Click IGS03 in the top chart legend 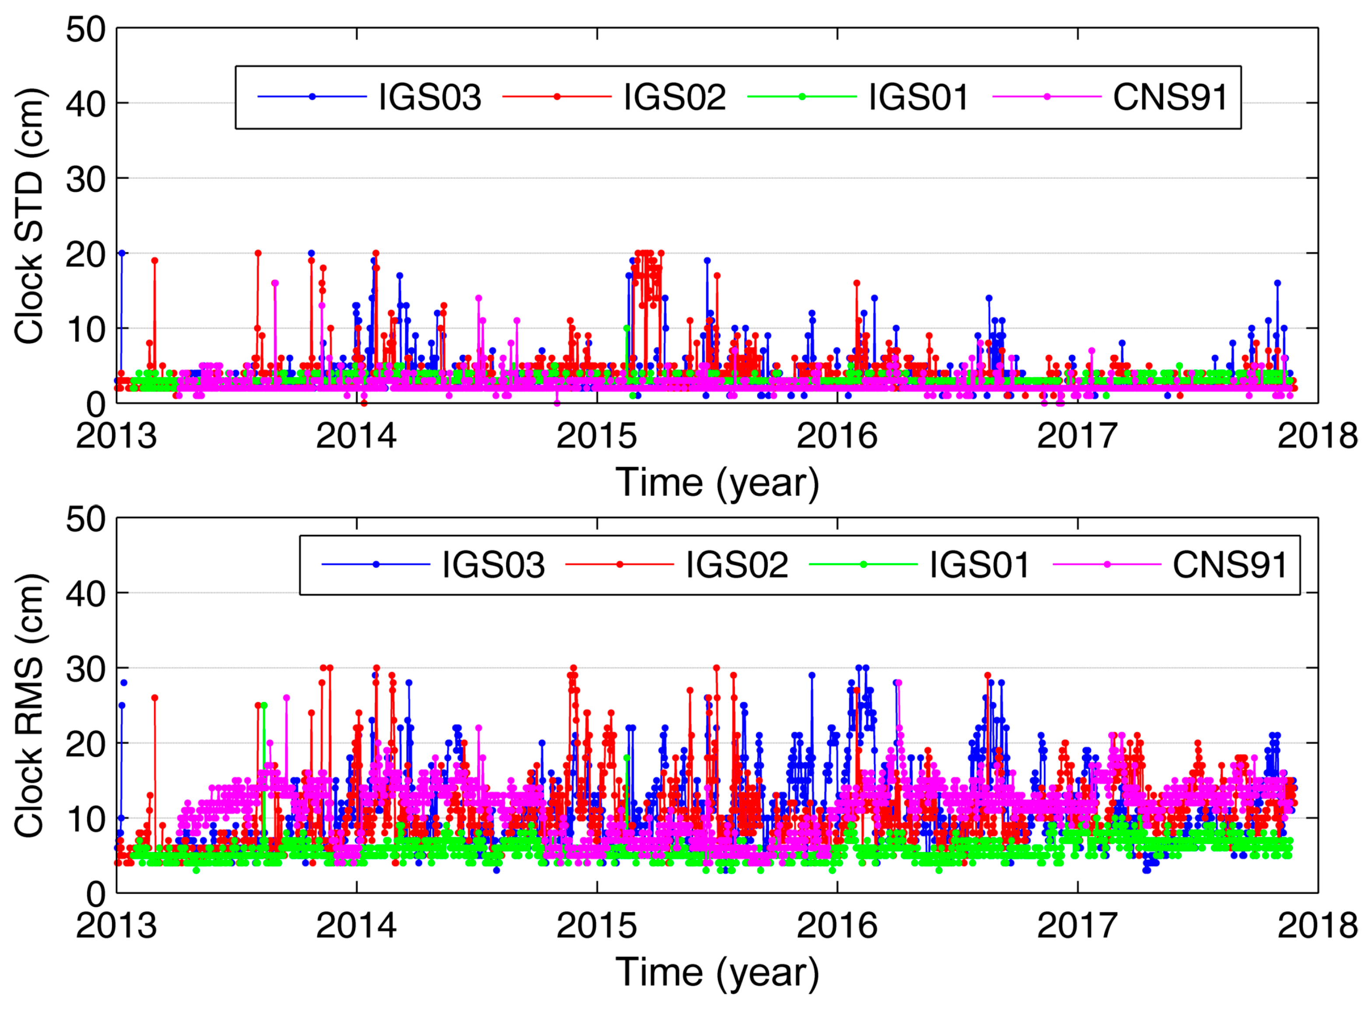point(430,97)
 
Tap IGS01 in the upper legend point(919,97)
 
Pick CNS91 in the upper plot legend point(1170,97)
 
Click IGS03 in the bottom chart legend point(493,565)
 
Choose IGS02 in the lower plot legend point(737,565)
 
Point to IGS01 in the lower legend point(980,565)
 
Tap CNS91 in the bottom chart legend point(1230,565)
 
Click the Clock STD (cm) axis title point(29,216)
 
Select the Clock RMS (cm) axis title point(29,705)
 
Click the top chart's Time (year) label point(717,483)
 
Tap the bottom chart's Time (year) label point(717,973)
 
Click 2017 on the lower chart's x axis point(1077,926)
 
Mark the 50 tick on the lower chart point(86,520)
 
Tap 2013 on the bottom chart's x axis point(116,926)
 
